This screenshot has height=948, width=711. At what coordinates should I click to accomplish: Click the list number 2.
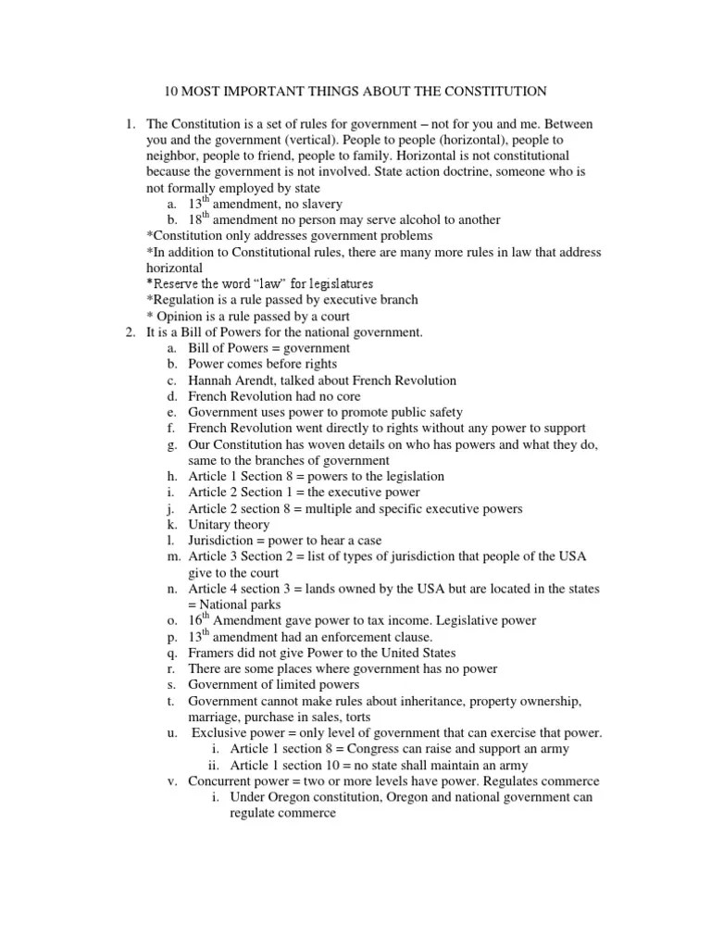tap(131, 332)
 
